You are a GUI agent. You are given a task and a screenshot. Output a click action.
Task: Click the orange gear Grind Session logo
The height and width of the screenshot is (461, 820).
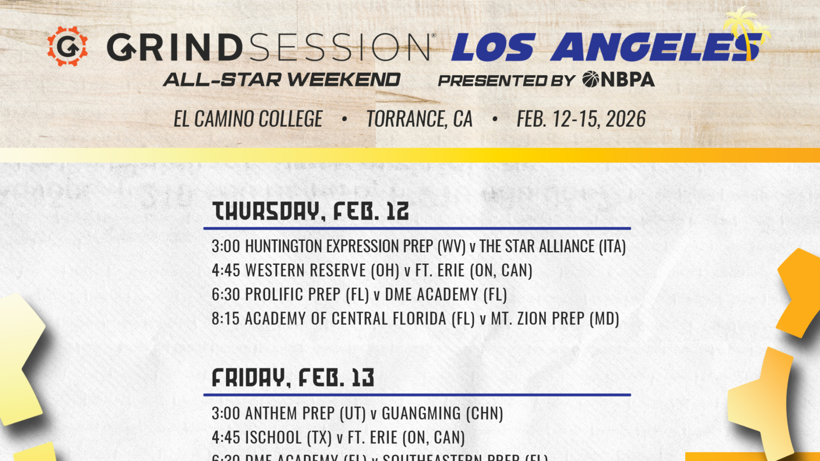click(67, 46)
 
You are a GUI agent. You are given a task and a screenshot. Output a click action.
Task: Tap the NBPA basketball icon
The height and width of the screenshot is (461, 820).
click(590, 79)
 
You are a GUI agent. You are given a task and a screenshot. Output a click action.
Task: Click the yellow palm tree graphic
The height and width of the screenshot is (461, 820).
click(746, 31)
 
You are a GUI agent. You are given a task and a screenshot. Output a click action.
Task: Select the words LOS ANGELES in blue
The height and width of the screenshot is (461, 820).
click(605, 47)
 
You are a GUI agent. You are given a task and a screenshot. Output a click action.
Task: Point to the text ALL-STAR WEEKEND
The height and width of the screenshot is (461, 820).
click(282, 80)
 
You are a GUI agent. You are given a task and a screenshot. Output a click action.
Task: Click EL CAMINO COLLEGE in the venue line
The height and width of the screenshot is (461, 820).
click(248, 119)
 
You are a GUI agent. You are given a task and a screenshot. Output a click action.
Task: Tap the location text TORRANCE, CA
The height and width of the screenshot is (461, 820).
click(419, 119)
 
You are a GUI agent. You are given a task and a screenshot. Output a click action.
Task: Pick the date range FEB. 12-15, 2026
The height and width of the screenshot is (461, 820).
click(581, 119)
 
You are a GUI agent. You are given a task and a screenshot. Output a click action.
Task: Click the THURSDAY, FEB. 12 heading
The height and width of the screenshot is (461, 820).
click(311, 211)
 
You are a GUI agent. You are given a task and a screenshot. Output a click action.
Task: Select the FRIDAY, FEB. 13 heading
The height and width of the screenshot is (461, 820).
click(293, 378)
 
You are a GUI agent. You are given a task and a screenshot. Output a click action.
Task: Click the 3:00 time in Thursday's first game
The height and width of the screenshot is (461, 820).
click(225, 246)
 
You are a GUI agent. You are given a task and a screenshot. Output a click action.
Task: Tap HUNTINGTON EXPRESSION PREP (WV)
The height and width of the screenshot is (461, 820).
click(355, 246)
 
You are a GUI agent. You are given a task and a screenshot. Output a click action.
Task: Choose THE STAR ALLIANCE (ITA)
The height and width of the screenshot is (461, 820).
click(552, 246)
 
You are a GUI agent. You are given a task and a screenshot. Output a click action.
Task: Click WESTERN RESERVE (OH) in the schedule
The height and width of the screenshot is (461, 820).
click(322, 270)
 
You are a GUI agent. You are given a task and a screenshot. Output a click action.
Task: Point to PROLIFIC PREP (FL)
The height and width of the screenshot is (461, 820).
click(307, 295)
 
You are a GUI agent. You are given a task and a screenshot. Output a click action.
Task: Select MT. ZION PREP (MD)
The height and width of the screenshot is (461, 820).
click(555, 319)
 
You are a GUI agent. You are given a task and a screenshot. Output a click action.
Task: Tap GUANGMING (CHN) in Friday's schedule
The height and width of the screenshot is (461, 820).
click(442, 413)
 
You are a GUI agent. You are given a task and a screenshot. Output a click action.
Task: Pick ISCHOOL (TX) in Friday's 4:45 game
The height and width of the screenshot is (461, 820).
click(289, 437)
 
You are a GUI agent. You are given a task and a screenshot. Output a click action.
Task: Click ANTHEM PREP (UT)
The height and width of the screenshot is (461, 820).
click(305, 413)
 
